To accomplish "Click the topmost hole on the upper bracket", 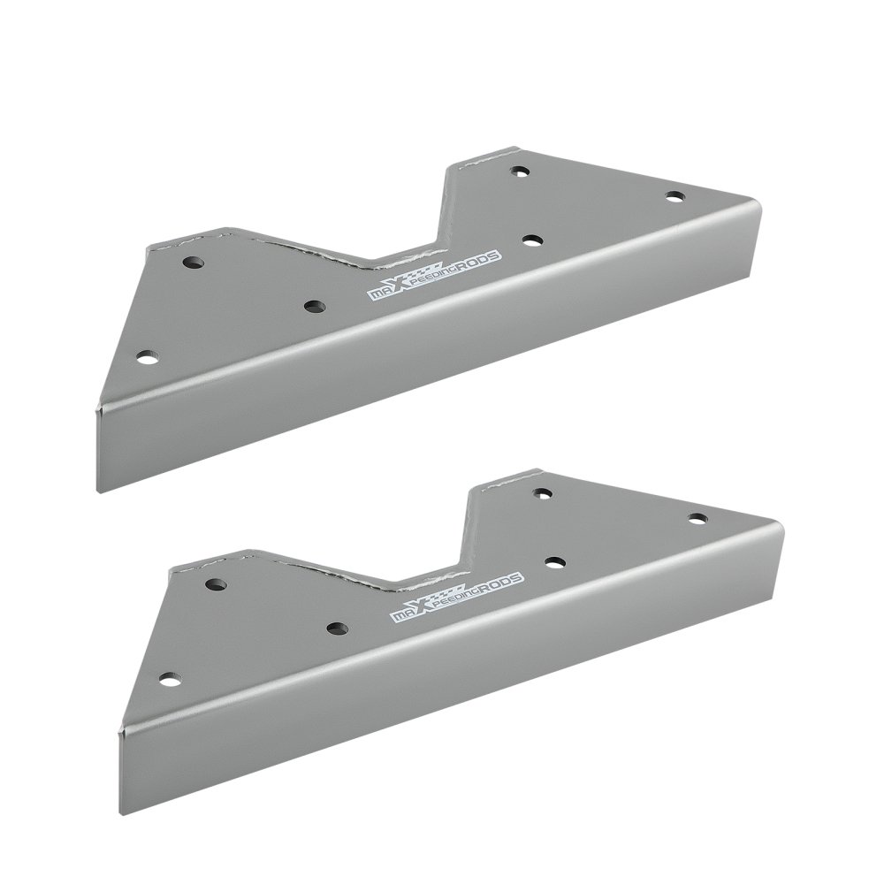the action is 520,170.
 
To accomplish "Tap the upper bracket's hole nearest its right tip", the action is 674,197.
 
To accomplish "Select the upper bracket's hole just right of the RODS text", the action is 532,240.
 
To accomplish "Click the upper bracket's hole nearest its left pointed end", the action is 148,357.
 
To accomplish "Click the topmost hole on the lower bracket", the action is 544,492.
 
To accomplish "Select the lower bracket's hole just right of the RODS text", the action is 556,562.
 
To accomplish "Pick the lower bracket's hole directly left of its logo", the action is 337,628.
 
